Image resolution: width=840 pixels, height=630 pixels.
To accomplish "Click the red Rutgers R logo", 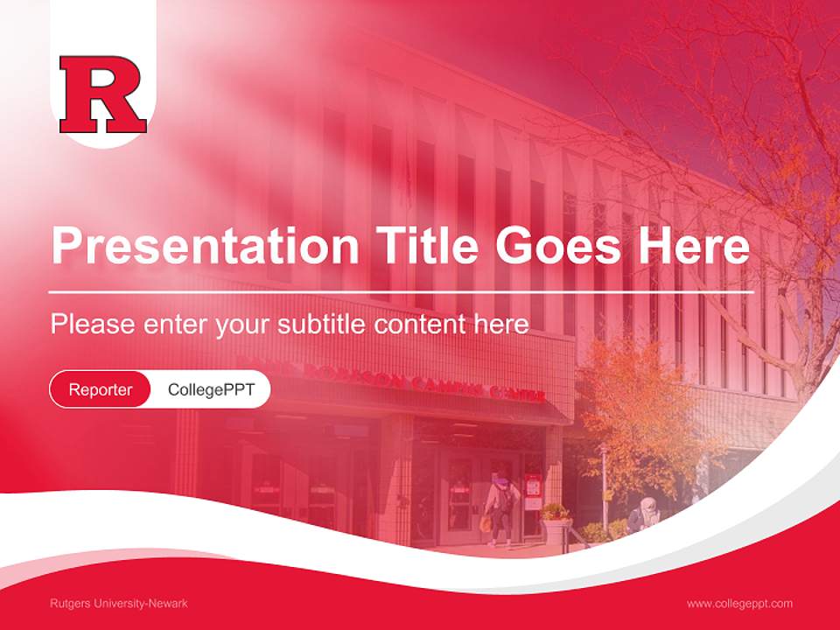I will point(102,94).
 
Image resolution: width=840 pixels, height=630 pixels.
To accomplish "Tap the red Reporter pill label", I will point(101,389).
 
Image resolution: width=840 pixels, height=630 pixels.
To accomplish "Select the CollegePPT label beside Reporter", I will point(211,389).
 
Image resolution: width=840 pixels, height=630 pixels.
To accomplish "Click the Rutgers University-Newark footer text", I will point(119,604).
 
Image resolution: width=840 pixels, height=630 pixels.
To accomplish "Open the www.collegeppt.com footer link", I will point(739,604).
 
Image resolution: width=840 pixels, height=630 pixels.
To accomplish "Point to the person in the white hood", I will point(645,514).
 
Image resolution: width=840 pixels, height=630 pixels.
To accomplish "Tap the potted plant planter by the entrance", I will point(555,524).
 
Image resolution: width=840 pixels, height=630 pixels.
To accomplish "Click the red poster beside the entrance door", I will point(533,491).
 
